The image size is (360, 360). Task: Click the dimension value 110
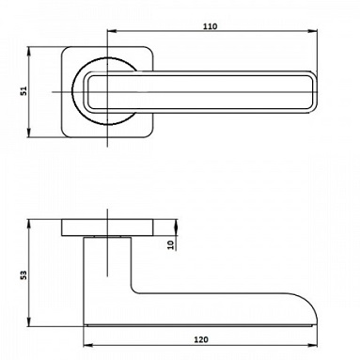tap(210, 26)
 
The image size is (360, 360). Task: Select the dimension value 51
tap(24, 91)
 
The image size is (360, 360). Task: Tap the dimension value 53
tap(23, 274)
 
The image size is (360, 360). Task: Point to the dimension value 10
tap(171, 244)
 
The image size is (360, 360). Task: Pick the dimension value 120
tap(201, 339)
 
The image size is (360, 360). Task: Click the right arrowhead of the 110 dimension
tap(312, 31)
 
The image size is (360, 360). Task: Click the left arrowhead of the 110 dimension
tap(112, 31)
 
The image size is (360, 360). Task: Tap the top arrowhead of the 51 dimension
tap(28, 52)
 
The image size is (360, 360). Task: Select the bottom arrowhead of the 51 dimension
tap(28, 133)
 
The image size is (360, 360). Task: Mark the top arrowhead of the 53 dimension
tap(28, 224)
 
